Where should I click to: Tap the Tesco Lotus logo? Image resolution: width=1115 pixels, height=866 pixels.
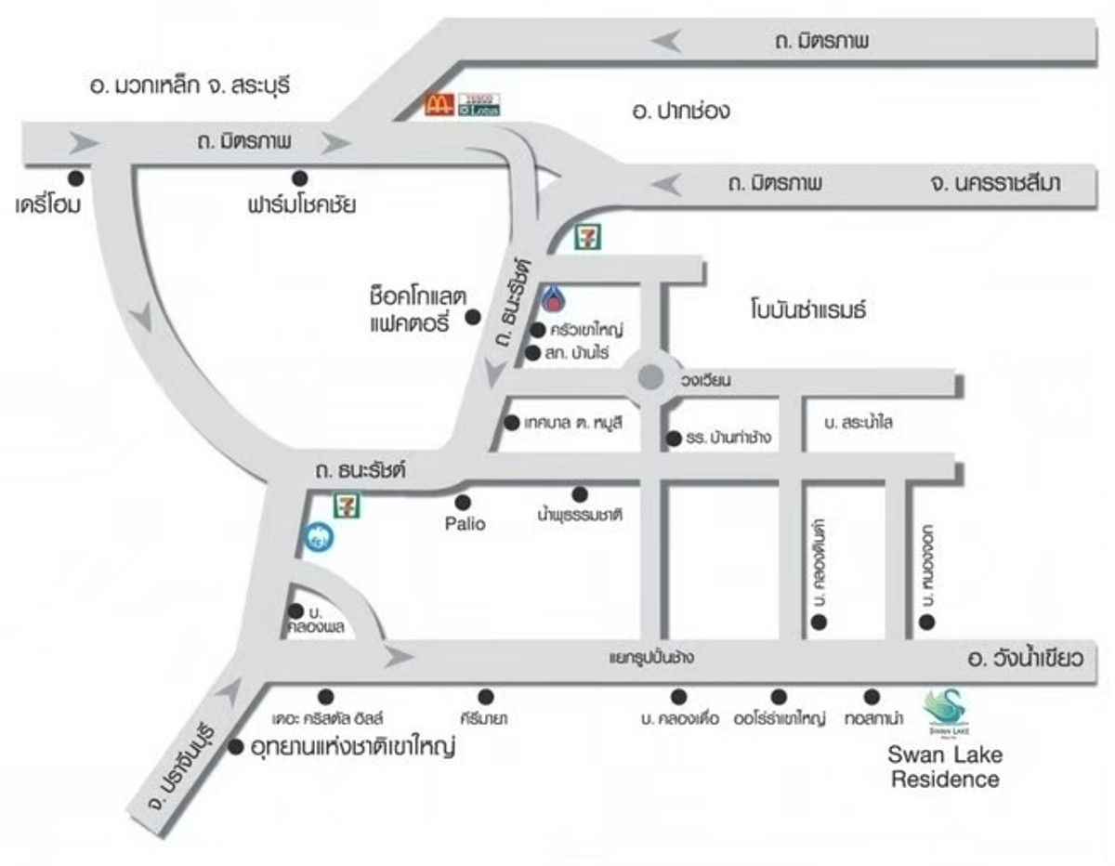pos(479,104)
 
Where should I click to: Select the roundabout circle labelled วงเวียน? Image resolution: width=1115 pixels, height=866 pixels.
pos(650,377)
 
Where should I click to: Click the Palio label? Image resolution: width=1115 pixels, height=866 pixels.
pos(464,524)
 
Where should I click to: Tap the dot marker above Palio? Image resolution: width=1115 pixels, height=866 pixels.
pos(463,502)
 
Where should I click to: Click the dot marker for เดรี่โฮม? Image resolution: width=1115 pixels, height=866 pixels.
pos(74,177)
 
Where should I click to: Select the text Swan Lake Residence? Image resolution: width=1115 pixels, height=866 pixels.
pos(945,767)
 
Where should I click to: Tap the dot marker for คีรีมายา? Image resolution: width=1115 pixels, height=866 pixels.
pos(485,696)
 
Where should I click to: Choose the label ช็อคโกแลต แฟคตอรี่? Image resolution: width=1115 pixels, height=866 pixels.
pos(409,309)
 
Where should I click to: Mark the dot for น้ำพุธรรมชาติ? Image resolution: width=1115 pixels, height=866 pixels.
pos(580,493)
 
